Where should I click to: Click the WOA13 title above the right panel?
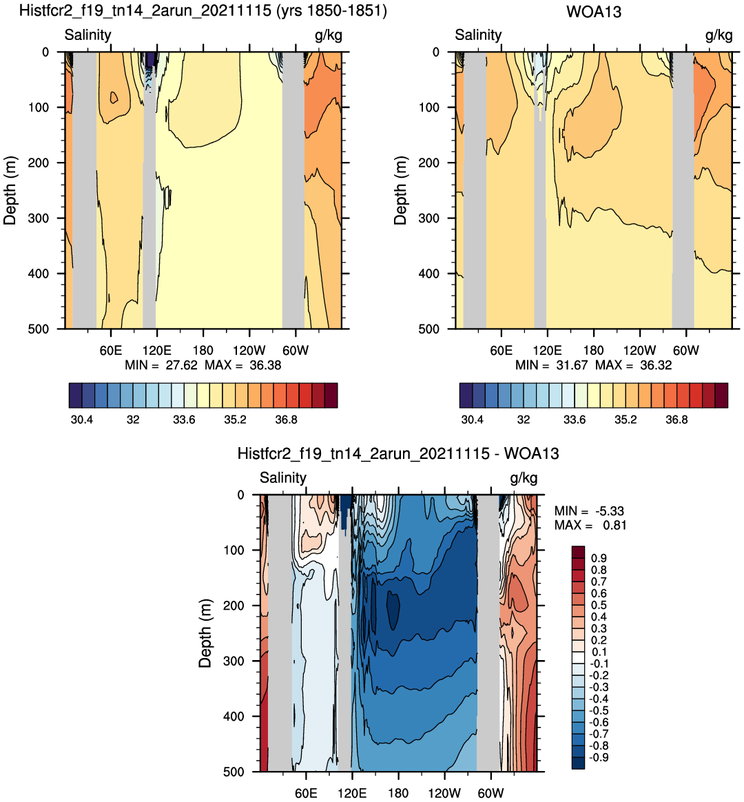(x=594, y=12)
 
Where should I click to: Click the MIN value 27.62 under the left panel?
(x=181, y=365)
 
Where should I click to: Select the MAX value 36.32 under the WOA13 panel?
(x=656, y=365)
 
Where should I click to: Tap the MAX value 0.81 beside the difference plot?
(x=614, y=525)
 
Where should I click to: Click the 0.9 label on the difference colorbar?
(x=599, y=558)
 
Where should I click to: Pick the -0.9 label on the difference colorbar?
(x=599, y=757)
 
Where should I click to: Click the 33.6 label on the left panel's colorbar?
(x=183, y=420)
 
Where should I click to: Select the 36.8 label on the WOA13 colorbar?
(x=676, y=420)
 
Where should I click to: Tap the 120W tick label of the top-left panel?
(x=249, y=351)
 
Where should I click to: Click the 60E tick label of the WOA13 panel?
(x=501, y=351)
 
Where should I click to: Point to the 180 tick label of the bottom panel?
(x=398, y=793)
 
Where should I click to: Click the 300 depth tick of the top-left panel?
(x=38, y=218)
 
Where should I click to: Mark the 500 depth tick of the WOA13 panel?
(x=428, y=329)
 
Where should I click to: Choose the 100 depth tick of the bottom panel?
(x=234, y=551)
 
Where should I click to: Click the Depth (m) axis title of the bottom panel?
(x=205, y=633)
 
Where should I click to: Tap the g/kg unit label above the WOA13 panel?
(x=719, y=35)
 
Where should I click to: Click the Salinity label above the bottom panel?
(x=282, y=477)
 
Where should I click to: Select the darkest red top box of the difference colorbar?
(x=578, y=552)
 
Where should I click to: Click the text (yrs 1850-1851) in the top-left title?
(x=331, y=11)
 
